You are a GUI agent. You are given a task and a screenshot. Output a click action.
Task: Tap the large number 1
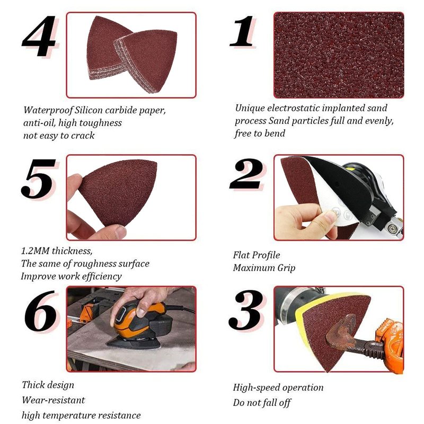pyautogui.click(x=242, y=31)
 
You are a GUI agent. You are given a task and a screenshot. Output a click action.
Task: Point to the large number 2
pyautogui.click(x=246, y=174)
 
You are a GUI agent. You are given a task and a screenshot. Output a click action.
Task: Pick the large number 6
pyautogui.click(x=41, y=311)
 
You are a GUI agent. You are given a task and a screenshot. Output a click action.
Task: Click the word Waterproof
pyautogui.click(x=48, y=110)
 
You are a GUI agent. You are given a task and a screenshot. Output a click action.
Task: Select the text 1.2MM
pyautogui.click(x=35, y=251)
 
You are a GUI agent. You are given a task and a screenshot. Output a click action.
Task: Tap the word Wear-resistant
pyautogui.click(x=54, y=400)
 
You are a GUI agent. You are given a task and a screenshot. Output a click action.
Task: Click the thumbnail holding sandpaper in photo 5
pyautogui.click(x=120, y=232)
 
